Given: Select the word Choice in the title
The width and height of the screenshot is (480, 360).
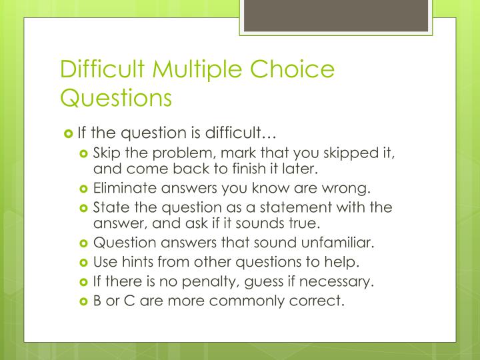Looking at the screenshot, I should (298, 70).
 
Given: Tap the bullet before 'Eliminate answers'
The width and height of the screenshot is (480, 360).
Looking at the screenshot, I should (84, 189).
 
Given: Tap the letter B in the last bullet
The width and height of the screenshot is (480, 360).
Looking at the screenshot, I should (97, 301).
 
